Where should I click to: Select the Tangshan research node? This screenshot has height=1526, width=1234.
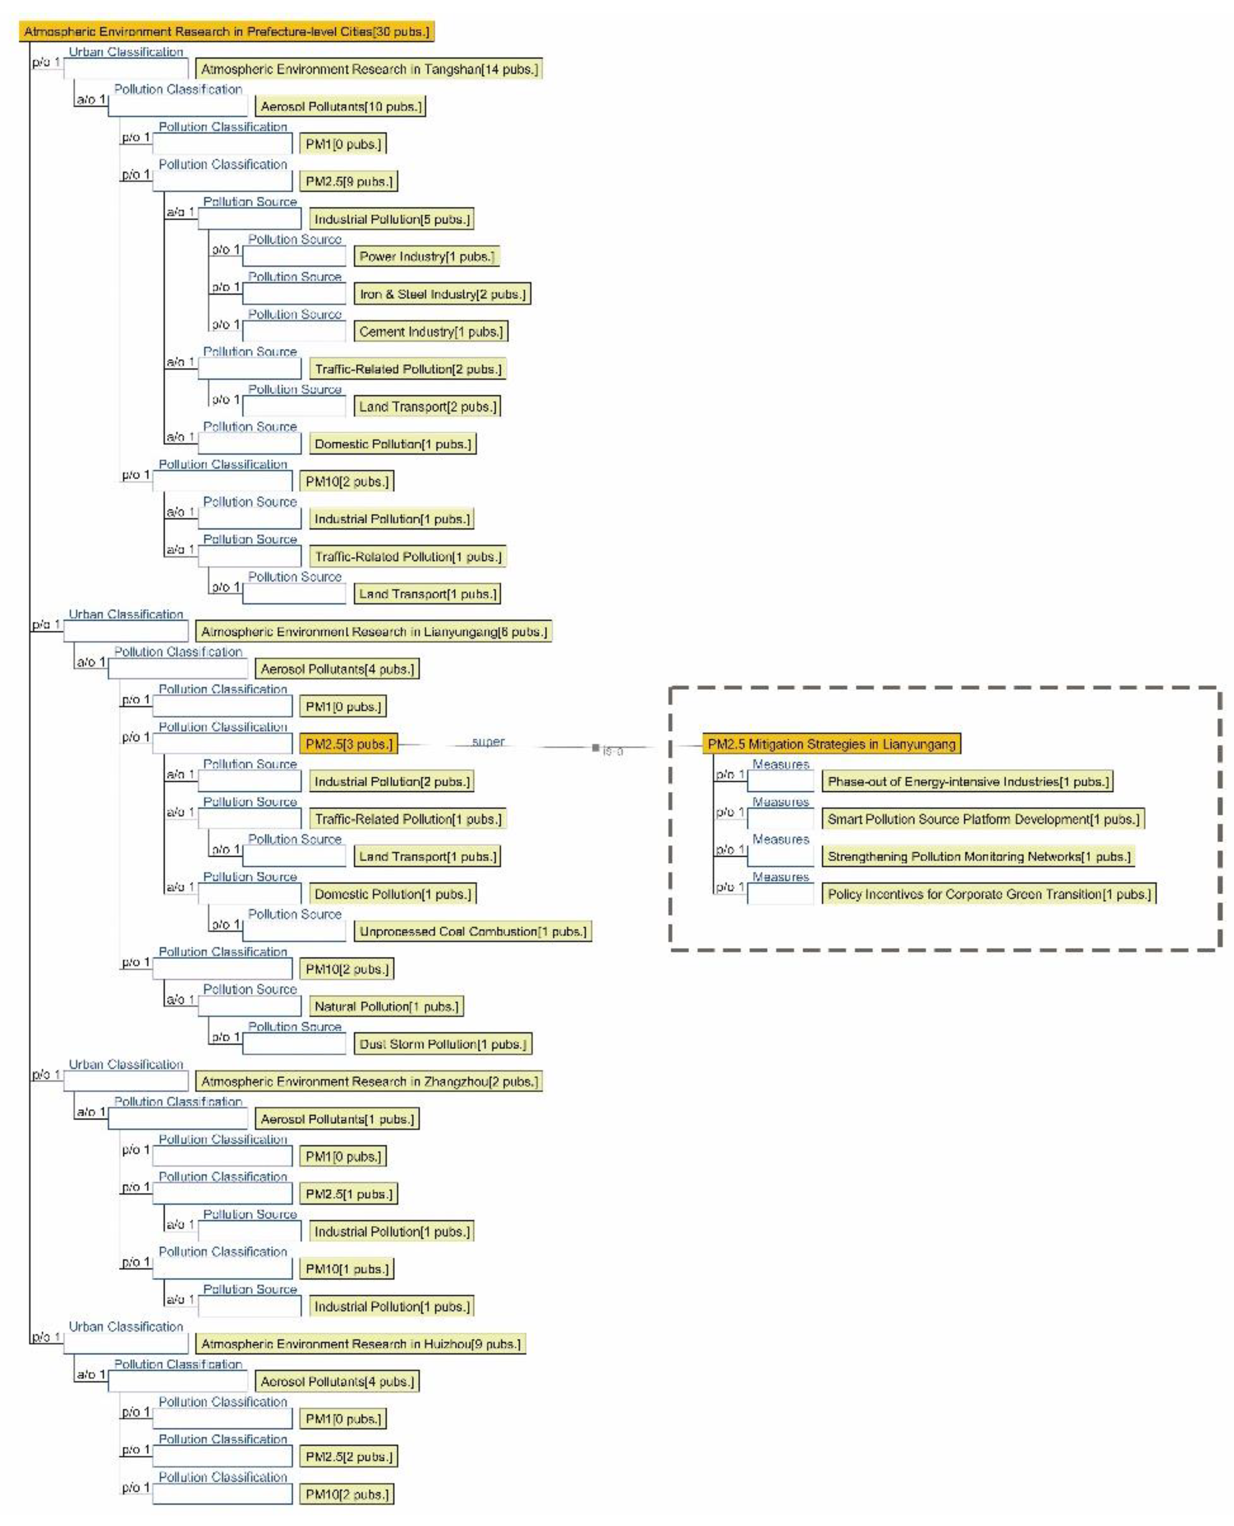tap(369, 69)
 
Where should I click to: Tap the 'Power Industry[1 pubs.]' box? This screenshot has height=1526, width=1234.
tap(427, 257)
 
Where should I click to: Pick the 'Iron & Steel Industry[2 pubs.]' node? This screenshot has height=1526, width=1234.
tap(442, 294)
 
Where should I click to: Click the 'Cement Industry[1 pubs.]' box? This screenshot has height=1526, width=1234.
tap(431, 331)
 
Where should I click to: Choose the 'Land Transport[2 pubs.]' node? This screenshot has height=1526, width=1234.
tap(427, 407)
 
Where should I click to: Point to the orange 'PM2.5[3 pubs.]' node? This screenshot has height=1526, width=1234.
tap(348, 744)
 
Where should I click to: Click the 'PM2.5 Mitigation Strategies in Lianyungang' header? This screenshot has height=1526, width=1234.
tap(831, 744)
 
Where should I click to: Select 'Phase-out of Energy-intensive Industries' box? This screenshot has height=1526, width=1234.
tap(968, 782)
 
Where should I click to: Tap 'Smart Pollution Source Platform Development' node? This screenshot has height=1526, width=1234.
tap(983, 819)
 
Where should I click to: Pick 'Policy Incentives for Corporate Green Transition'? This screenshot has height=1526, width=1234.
tap(989, 894)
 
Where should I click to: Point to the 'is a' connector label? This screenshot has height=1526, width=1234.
tap(613, 751)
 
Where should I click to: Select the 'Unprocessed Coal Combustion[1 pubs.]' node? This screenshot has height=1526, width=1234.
tap(473, 932)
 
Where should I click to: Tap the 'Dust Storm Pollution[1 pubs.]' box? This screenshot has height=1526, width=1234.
tap(443, 1044)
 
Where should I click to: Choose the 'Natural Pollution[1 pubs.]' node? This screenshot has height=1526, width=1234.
tap(386, 1006)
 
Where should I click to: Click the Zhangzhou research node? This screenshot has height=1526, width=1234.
tap(369, 1082)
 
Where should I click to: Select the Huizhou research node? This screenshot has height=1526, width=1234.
tap(360, 1344)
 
